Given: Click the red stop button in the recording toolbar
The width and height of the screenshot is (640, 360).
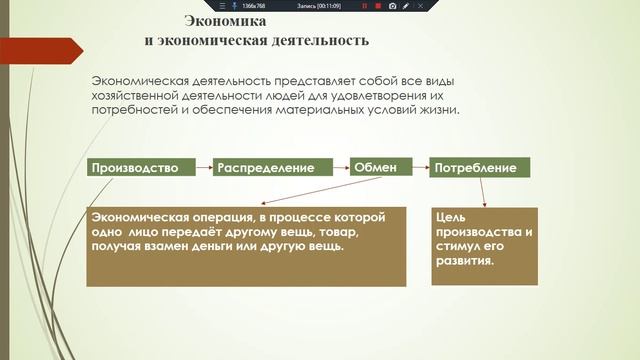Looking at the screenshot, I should (378, 6).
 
